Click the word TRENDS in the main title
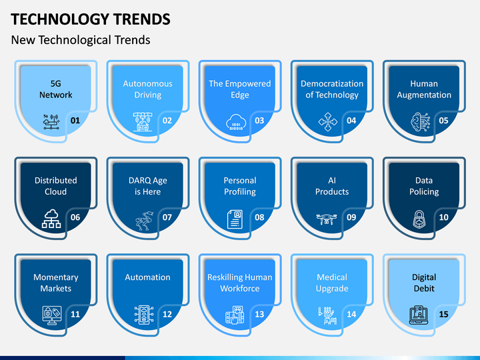tap(142, 19)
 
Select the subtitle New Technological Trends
tap(81, 40)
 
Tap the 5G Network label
tap(56, 89)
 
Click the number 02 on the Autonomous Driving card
tap(167, 120)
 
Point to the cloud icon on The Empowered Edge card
tap(236, 123)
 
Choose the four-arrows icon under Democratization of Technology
tap(328, 122)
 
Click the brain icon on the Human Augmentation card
tap(420, 122)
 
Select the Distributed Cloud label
tap(56, 186)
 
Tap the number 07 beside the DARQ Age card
tap(167, 217)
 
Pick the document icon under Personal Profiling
tap(235, 219)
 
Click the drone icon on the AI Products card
tap(327, 219)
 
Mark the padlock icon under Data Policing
tap(419, 219)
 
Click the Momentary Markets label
tap(56, 283)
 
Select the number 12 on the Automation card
tap(167, 314)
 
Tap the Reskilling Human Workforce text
tap(240, 283)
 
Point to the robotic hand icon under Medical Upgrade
tap(327, 315)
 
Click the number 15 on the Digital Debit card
tap(443, 314)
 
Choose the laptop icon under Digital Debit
tap(419, 315)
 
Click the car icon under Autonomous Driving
tap(143, 122)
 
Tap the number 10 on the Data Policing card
tap(443, 217)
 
